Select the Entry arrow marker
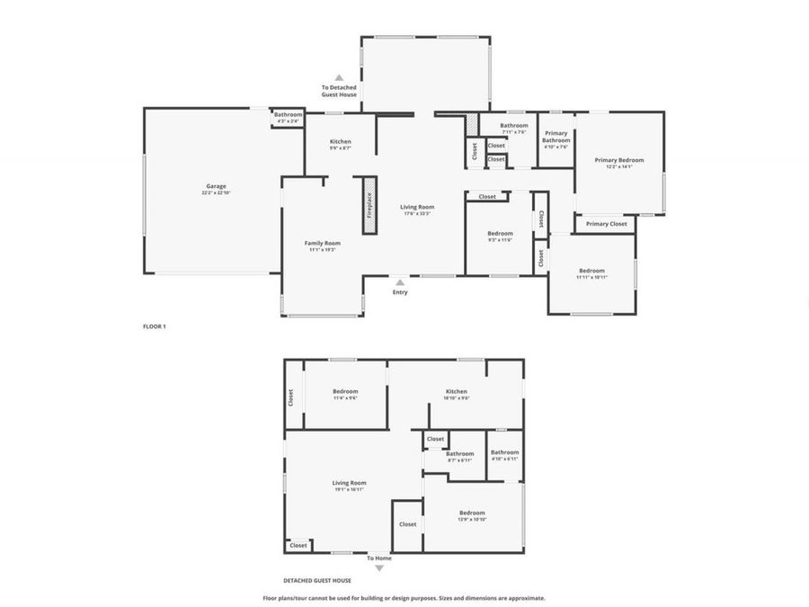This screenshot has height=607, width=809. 400,281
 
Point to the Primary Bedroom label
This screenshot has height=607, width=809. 618,163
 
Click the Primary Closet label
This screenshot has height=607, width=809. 606,223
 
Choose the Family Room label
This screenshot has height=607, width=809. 322,245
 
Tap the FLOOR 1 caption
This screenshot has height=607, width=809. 155,326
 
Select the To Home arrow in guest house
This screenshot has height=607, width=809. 379,567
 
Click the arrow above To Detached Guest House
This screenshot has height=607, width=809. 339,78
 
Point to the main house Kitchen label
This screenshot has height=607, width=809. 340,144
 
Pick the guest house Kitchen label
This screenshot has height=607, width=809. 457,394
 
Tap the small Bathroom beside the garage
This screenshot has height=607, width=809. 289,117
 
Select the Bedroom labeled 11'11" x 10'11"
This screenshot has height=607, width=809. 591,273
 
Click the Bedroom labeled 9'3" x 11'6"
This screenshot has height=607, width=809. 500,236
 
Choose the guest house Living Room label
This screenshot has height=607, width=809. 350,486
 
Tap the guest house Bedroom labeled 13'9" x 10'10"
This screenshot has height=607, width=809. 472,515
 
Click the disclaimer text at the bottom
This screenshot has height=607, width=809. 404,598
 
